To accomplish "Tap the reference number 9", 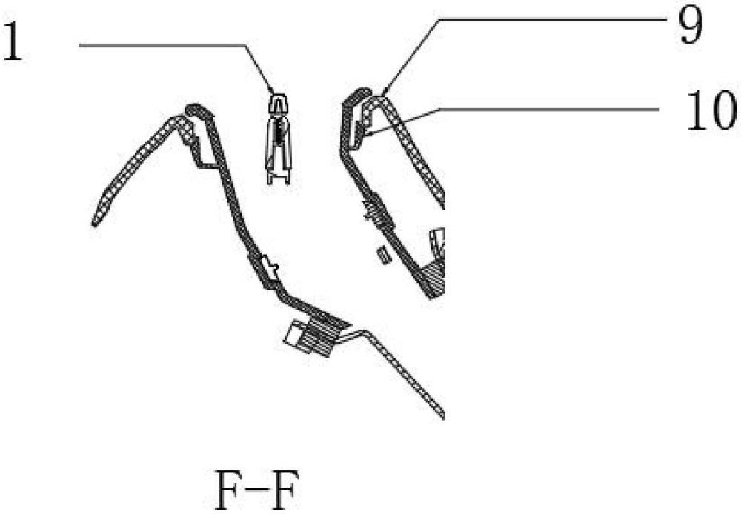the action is (x=691, y=27).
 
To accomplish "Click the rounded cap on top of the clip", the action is (x=279, y=102).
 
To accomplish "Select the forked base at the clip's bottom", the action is (x=279, y=176).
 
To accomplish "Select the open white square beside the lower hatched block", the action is (x=294, y=332).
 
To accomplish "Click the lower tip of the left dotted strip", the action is (x=95, y=223).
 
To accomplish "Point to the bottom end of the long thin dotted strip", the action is (x=442, y=415).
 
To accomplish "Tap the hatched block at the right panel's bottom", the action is (x=433, y=278).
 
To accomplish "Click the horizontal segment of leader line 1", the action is (x=163, y=45).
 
